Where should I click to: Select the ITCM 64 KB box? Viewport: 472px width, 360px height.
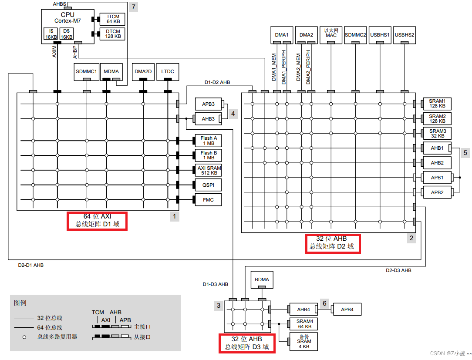pos(113,19)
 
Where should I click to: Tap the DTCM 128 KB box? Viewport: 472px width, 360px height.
pos(113,34)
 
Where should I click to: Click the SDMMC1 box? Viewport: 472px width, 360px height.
pos(86,71)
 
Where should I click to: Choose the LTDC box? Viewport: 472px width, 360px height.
pos(167,71)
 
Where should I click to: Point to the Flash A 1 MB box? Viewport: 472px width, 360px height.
pos(209,141)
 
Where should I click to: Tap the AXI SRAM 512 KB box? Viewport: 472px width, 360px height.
pos(209,170)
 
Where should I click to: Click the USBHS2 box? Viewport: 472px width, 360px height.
pos(405,35)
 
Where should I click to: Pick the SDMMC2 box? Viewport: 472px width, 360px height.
pos(355,35)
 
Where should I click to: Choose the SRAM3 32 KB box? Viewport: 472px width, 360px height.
pos(437,133)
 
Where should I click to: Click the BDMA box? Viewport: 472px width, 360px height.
pos(262,279)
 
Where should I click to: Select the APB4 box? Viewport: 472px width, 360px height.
pos(347,310)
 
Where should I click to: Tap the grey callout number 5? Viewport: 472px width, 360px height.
pos(465,153)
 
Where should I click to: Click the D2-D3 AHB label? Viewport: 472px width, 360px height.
pos(398,270)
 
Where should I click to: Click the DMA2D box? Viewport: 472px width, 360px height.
pos(143,71)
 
